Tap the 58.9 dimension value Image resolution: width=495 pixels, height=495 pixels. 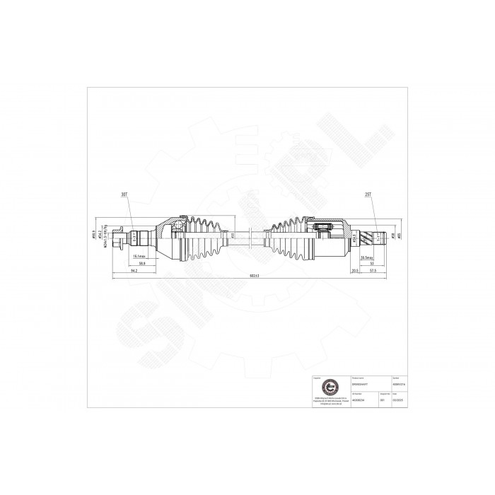141,263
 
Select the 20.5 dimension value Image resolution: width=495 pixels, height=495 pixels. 354,270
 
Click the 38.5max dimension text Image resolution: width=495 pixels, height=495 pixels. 367,256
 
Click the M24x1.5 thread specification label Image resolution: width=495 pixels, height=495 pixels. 104,238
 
